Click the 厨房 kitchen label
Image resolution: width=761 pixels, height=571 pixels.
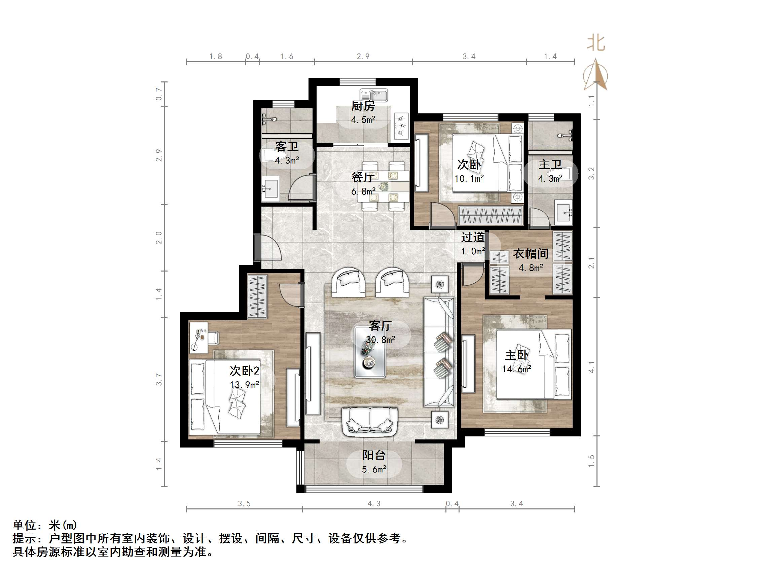coord(363,106)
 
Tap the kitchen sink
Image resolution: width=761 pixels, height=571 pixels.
coord(374,95)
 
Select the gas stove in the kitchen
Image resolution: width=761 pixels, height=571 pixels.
coord(401,126)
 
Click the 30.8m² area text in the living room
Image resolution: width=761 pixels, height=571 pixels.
coord(380,340)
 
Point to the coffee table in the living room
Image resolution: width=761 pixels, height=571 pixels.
coord(370,352)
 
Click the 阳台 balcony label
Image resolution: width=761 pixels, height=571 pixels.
coord(374,455)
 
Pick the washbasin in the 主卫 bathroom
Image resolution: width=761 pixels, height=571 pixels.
coord(564,213)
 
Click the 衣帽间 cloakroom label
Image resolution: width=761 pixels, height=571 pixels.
coord(531,254)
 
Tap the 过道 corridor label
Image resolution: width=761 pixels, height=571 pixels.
coord(473,237)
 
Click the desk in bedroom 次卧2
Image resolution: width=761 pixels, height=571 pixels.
coord(198,337)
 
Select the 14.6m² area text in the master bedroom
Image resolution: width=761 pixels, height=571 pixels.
coord(516,369)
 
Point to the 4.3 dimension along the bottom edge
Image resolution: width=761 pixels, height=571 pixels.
coord(374,504)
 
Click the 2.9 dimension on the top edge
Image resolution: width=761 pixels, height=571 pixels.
coord(363,57)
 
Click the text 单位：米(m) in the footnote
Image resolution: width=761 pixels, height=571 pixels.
coord(45,525)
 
